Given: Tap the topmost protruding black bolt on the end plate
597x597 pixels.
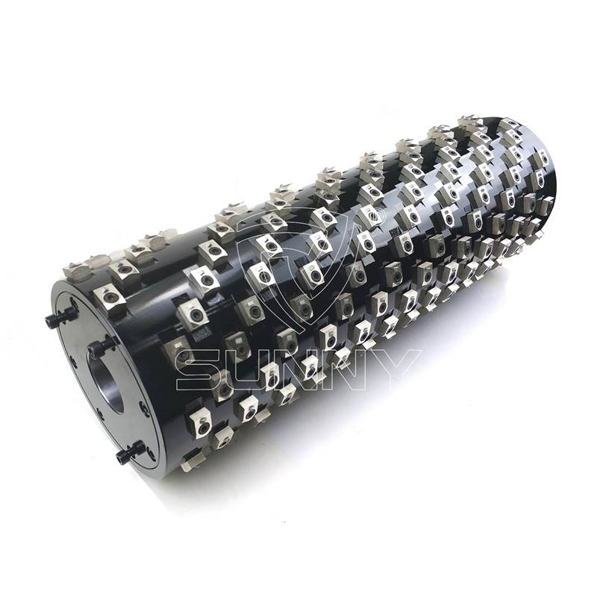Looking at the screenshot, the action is point(61,315).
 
